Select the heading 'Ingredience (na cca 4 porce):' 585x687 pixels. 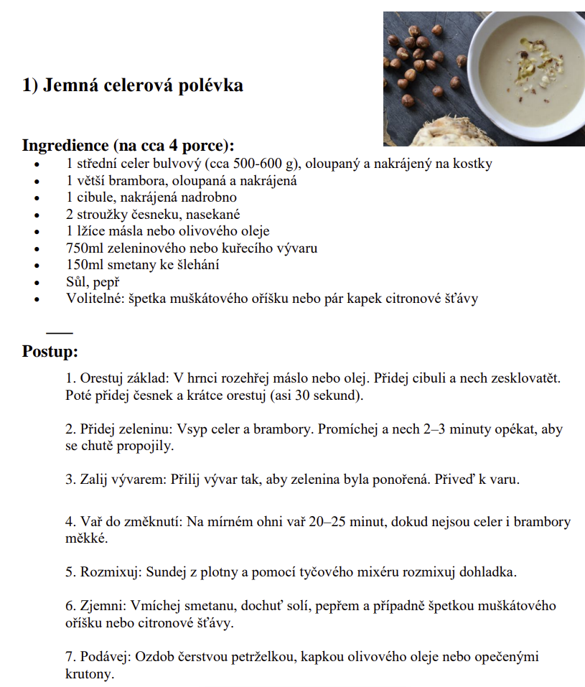tap(128, 145)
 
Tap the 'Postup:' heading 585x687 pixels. tap(50, 352)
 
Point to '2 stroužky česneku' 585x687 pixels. tap(120, 215)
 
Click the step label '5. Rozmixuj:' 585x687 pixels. tap(103, 572)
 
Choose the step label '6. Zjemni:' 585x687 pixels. tap(98, 607)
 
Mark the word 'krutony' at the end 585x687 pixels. tap(89, 675)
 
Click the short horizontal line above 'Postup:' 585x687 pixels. tap(60, 332)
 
